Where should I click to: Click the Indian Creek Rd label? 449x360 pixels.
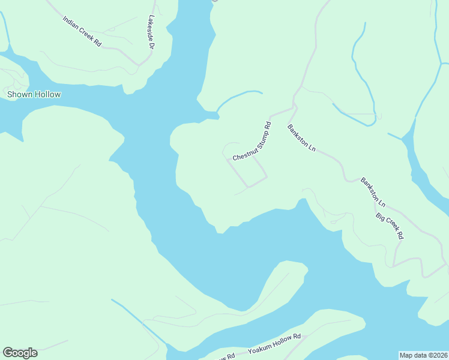pos(82,32)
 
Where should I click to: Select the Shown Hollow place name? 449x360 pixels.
pos(34,94)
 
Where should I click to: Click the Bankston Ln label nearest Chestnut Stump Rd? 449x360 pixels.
pos(301,137)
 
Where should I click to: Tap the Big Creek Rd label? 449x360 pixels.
pos(389,226)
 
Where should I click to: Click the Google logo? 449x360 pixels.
pos(20,353)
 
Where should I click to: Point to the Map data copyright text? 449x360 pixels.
pos(423,355)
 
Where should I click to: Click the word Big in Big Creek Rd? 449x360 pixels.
pos(379,216)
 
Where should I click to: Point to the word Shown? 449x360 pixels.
pos(18,94)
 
